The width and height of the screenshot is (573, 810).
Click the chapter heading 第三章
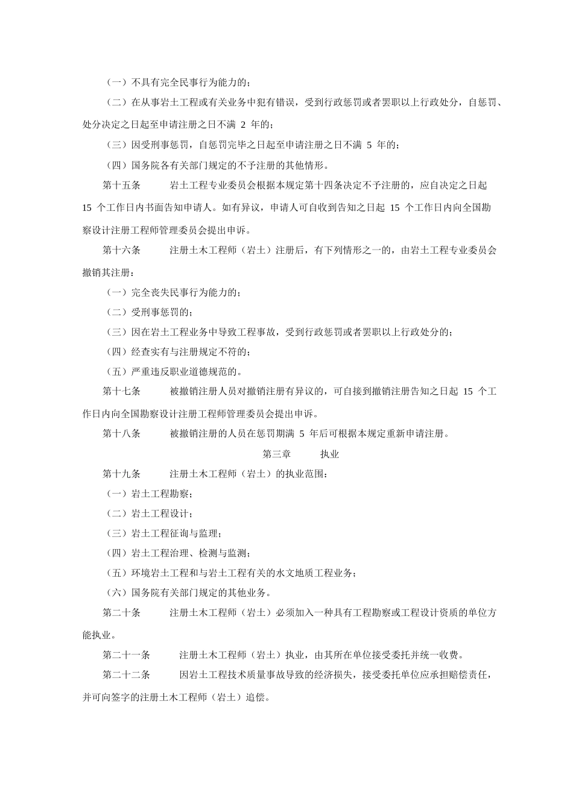pyautogui.click(x=276, y=454)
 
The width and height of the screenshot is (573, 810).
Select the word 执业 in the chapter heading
pyautogui.click(x=329, y=454)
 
